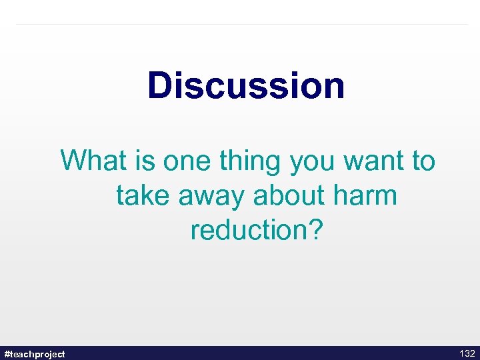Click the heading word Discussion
click(x=246, y=85)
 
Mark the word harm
click(x=367, y=195)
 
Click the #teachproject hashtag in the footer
click(x=35, y=353)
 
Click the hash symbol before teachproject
click(x=7, y=353)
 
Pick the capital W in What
click(x=73, y=161)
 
